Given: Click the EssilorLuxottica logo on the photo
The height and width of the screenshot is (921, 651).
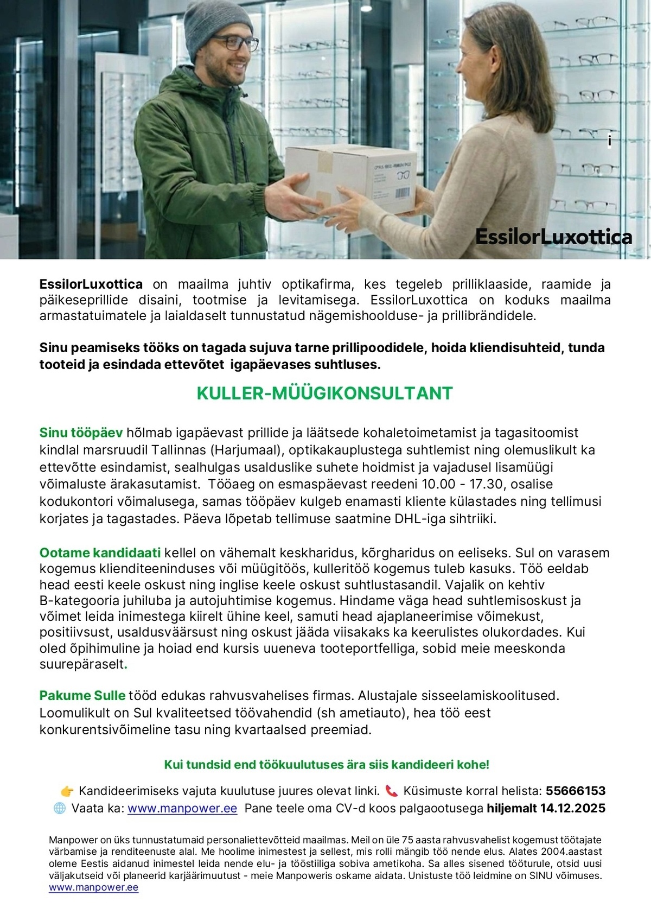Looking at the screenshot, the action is [553, 237].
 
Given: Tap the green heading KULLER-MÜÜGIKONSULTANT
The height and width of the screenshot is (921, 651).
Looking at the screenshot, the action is [324, 393].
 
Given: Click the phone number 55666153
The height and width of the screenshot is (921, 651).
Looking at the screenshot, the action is [576, 791].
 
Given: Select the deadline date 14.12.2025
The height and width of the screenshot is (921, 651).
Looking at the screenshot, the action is [572, 808].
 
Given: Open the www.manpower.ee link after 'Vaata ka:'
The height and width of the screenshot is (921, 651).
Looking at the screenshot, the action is [182, 808].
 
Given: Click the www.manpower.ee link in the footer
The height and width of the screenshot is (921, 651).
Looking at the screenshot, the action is [93, 887].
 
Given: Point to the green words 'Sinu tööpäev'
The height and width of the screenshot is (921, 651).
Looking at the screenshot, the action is [81, 433].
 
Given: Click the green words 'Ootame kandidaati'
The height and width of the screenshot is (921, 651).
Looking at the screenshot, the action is [100, 552].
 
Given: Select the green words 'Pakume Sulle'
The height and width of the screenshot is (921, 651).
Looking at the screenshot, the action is [82, 695].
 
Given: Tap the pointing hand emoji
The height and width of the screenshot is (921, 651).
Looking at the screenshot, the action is [67, 791].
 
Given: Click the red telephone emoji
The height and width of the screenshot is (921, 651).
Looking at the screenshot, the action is [391, 791].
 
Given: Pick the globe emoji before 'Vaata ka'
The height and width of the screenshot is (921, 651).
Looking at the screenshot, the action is [60, 808].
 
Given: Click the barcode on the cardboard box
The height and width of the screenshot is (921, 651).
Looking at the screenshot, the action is [403, 193].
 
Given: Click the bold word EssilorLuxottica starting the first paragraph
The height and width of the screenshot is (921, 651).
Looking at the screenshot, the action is [91, 284].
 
